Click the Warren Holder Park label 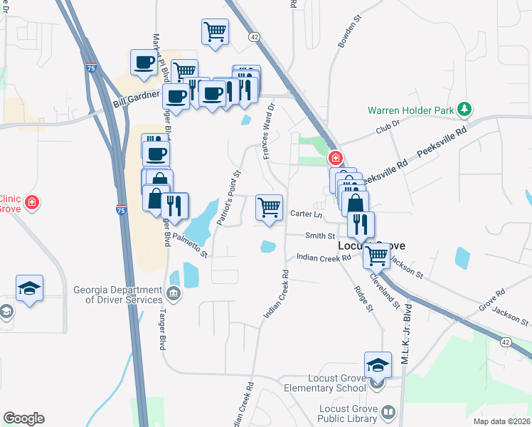411,110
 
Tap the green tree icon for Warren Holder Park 464,109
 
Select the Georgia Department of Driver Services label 118,295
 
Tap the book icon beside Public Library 388,413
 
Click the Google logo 23,418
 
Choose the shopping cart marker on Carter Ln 269,208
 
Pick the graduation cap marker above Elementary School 378,366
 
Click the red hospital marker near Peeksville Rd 334,158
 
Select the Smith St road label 320,236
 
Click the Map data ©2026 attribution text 501,421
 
